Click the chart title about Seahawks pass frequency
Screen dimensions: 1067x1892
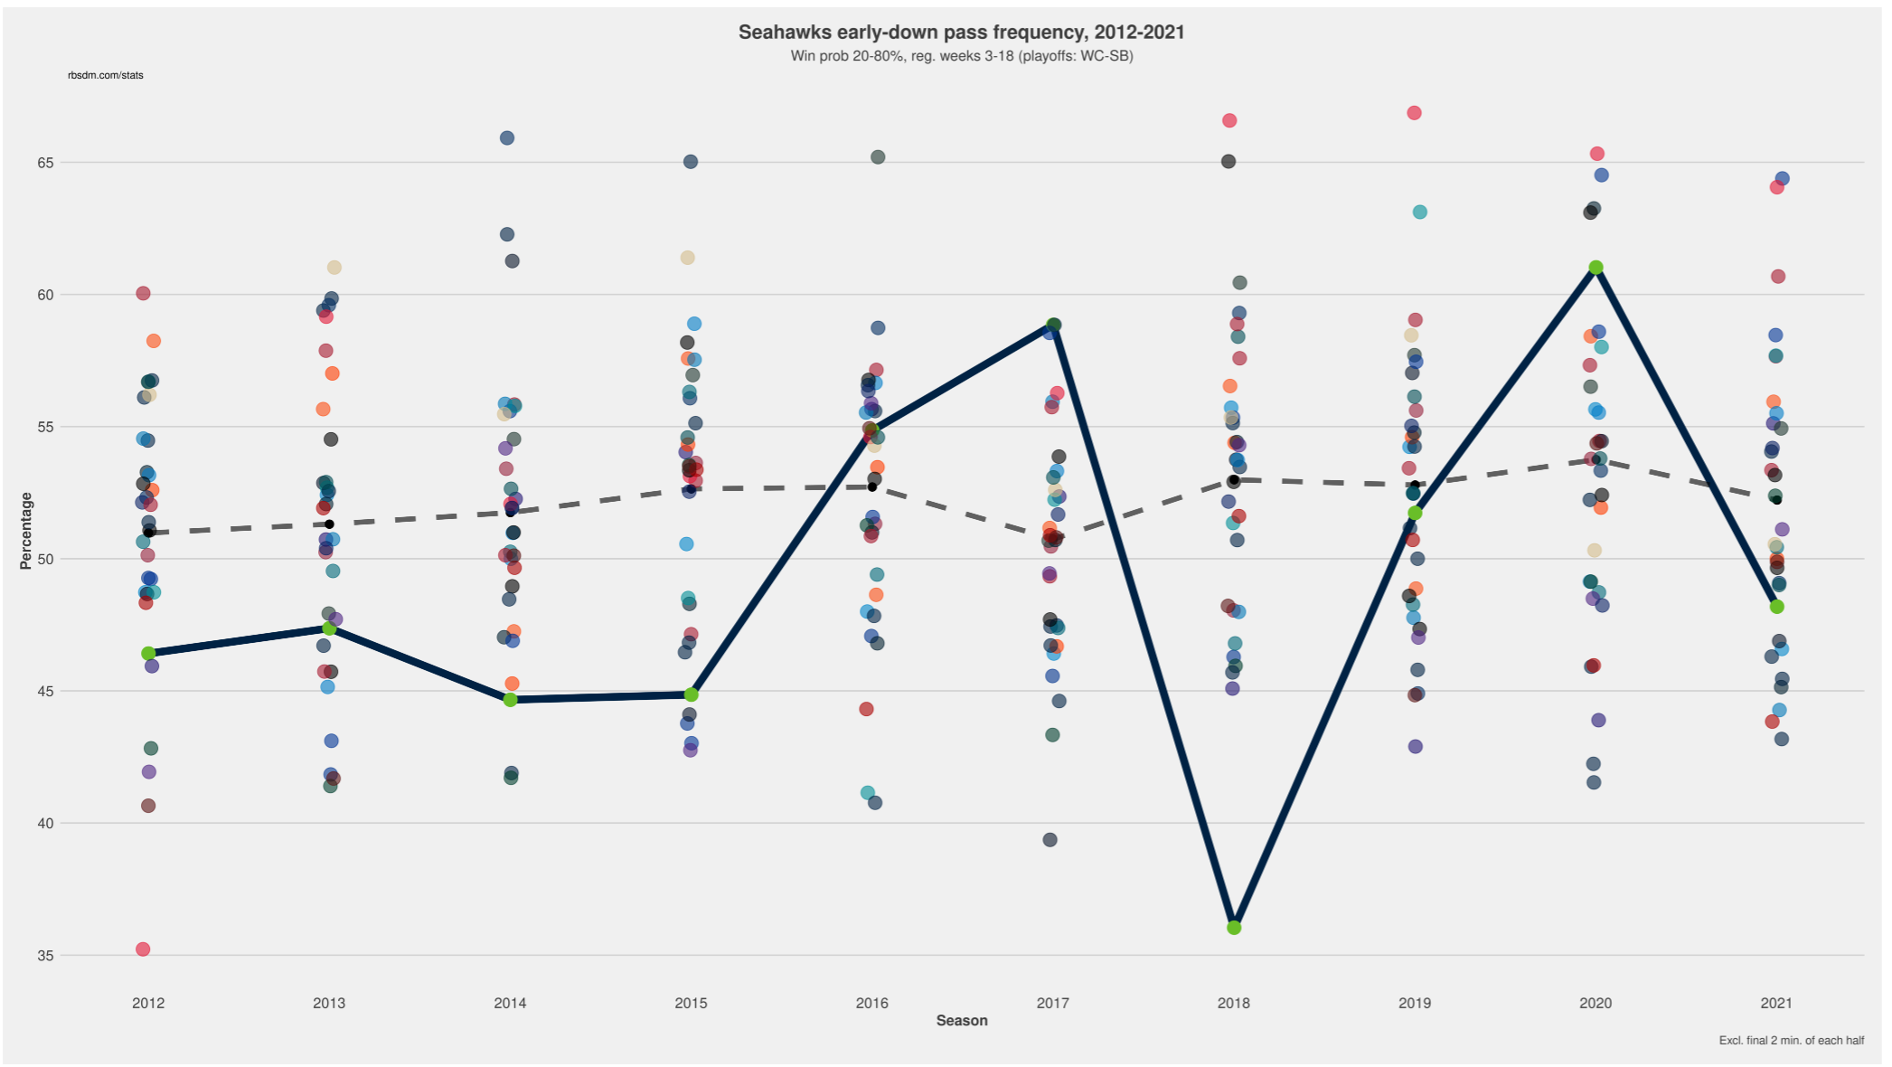coord(961,33)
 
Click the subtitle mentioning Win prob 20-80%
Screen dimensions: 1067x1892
coord(961,56)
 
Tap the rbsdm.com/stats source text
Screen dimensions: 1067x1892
coord(105,75)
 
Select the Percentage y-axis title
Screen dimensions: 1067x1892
coord(25,531)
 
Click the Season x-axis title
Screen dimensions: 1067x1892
coord(961,1020)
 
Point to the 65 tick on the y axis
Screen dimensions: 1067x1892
coord(45,163)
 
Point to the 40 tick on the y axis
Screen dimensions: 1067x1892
coord(45,823)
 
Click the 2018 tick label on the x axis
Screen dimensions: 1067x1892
coord(1233,1003)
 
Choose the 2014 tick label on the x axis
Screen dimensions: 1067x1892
coord(510,1003)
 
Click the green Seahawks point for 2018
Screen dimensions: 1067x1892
coord(1234,928)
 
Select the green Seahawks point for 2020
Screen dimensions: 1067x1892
coord(1595,268)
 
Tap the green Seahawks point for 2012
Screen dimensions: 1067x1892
coord(148,653)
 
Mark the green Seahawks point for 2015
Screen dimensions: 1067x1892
coord(691,694)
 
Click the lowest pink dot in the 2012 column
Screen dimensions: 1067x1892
coord(143,949)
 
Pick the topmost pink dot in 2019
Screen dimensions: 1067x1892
coord(1414,113)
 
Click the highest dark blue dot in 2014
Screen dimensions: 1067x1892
coord(507,138)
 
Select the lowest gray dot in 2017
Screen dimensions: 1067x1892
coord(1050,839)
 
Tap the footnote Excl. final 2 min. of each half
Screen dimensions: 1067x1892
coord(1791,1041)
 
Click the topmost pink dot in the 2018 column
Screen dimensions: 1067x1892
coord(1229,120)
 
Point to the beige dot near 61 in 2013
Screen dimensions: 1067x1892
coord(334,268)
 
